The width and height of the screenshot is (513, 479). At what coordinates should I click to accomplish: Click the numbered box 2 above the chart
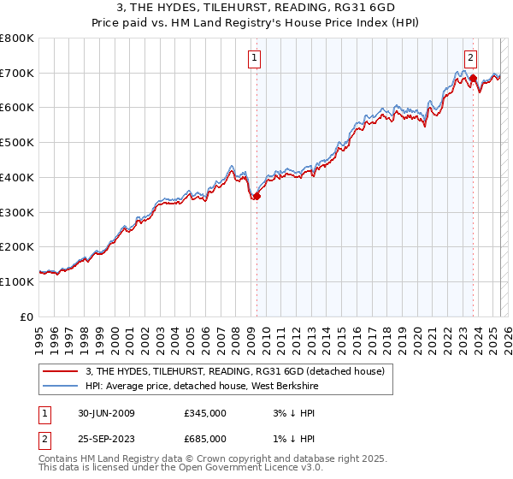click(470, 58)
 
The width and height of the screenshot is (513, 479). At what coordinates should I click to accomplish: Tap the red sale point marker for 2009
click(256, 196)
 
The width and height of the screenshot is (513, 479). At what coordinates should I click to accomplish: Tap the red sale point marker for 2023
click(473, 78)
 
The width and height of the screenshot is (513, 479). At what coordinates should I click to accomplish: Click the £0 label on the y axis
click(27, 316)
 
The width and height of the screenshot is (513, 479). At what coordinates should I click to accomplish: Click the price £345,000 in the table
click(204, 413)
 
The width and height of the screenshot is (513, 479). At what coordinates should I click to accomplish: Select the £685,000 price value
click(204, 439)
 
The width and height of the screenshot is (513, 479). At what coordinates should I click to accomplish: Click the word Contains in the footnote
click(60, 459)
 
